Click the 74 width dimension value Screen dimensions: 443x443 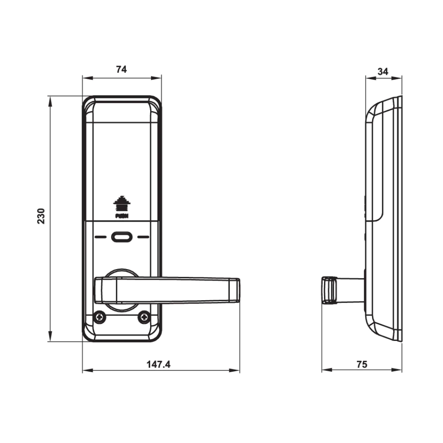[x=122, y=69]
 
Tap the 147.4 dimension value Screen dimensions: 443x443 [x=159, y=364]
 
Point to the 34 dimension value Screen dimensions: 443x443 [x=383, y=71]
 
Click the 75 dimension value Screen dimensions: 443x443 [x=362, y=364]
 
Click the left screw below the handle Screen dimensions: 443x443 [x=100, y=318]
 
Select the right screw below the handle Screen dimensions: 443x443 [x=144, y=318]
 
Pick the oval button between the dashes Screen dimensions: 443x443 [x=122, y=237]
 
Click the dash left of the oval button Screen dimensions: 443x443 [x=100, y=237]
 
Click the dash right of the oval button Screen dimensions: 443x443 [x=143, y=237]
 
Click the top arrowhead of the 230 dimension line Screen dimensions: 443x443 [x=50, y=100]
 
